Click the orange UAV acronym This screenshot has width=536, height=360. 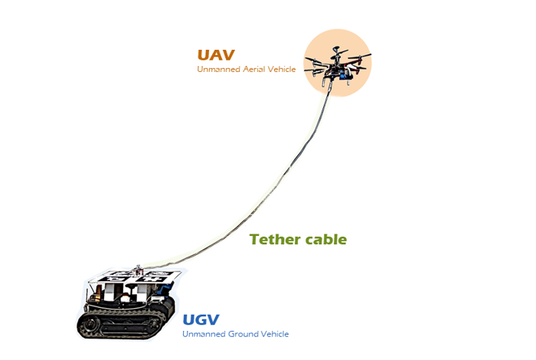click(x=216, y=55)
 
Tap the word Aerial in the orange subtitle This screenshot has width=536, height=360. click(x=254, y=69)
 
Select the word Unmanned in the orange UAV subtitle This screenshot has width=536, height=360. click(x=218, y=69)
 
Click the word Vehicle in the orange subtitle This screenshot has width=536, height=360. click(x=282, y=69)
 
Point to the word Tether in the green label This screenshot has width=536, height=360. click(x=276, y=239)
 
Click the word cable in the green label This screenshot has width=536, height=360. click(x=326, y=239)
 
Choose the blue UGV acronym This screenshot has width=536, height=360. click(x=201, y=320)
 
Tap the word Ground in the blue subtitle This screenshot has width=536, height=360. click(x=243, y=334)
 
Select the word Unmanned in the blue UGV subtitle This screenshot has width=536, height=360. click(x=204, y=334)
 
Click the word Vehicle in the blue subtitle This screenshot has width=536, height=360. click(x=275, y=334)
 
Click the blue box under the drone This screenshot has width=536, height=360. click(x=343, y=76)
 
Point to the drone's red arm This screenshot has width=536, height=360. click(x=355, y=65)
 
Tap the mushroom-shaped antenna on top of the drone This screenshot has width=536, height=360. click(x=336, y=50)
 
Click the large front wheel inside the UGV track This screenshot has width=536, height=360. click(x=90, y=325)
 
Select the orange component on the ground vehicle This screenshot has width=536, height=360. click(x=99, y=293)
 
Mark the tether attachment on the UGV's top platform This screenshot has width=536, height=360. click(x=138, y=270)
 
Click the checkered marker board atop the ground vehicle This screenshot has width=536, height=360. click(x=135, y=277)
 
